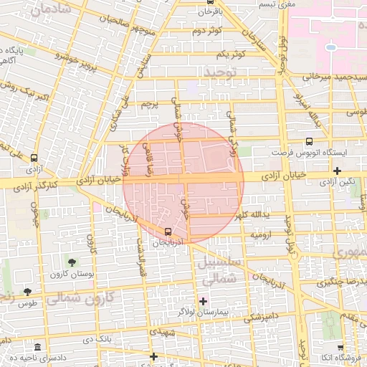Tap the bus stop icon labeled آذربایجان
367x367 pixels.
[x=168, y=232]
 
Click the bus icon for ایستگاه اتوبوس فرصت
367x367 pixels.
[x=309, y=141]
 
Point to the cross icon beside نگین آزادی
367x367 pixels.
[x=337, y=171]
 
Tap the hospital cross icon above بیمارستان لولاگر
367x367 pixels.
[x=203, y=301]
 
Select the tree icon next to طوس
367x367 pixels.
[x=27, y=292]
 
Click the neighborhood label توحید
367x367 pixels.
[x=219, y=72]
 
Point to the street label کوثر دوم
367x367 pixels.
[x=207, y=31]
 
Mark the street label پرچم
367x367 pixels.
[x=148, y=105]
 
